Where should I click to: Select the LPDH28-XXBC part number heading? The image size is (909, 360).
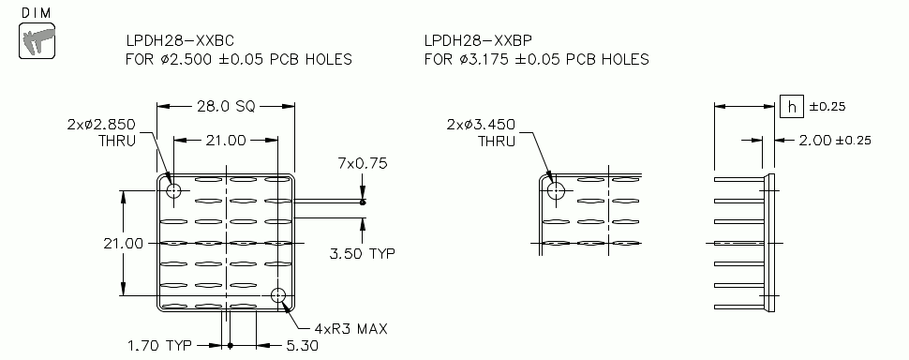tap(179, 42)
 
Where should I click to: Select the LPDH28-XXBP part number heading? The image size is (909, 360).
tap(477, 42)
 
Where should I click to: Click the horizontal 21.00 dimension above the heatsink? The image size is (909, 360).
tap(225, 140)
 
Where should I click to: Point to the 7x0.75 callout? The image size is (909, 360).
tap(362, 163)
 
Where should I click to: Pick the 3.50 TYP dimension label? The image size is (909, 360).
tap(361, 253)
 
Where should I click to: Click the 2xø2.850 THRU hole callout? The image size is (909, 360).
tap(101, 132)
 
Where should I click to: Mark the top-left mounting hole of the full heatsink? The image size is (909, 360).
tap(173, 190)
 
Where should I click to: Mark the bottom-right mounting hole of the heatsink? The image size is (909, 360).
tap(278, 296)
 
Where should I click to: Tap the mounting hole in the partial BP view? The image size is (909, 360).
tap(557, 190)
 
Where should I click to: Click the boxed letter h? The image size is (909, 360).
tap(790, 107)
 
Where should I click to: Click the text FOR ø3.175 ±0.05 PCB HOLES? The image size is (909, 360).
tap(536, 60)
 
